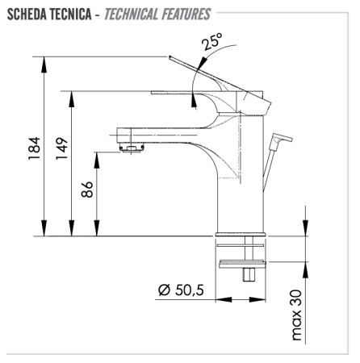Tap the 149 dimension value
pyautogui.click(x=62, y=149)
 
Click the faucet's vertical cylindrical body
pyautogui.click(x=241, y=177)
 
